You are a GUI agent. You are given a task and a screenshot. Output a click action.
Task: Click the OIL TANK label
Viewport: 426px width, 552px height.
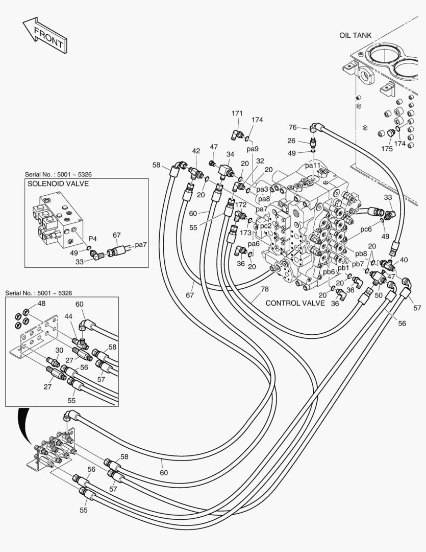pos(355,35)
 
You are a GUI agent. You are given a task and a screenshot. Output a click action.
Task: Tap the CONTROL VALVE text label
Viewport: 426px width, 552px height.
pos(295,303)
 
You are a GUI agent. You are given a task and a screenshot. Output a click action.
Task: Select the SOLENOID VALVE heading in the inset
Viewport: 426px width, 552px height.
pos(58,183)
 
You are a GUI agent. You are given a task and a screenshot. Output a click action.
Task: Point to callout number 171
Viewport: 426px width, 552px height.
pos(237,113)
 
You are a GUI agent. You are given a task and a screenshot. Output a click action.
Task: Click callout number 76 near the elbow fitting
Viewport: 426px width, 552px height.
pos(292,127)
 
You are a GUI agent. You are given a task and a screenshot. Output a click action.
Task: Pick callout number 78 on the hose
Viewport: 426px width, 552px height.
pos(264,289)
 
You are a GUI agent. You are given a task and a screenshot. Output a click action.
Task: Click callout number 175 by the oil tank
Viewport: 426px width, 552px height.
pos(388,149)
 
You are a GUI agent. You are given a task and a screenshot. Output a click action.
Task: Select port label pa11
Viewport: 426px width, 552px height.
pos(313,166)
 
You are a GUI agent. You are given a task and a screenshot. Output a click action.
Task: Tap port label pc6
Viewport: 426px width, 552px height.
pos(366,229)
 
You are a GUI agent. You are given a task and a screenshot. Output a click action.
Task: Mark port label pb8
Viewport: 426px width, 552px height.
pos(361,254)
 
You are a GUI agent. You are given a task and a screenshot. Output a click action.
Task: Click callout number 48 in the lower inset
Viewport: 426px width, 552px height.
pos(41,304)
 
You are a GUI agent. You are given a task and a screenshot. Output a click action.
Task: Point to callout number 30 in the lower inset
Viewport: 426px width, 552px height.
pos(59,350)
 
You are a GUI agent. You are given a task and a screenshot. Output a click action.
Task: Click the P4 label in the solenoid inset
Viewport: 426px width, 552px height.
pos(92,239)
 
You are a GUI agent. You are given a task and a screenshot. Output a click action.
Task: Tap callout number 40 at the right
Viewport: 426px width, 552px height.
pos(404,260)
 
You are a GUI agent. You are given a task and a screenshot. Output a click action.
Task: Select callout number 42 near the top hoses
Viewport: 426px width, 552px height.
pos(196,151)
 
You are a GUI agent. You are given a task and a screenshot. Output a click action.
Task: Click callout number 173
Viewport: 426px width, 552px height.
pos(246,233)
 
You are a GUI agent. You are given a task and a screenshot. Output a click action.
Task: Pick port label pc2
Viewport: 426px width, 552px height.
pos(265,225)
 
